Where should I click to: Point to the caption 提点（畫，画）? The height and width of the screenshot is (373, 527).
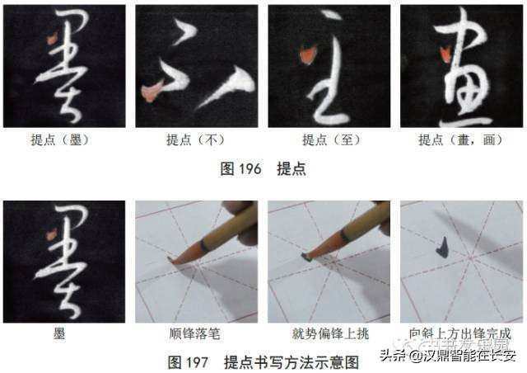(x=461, y=139)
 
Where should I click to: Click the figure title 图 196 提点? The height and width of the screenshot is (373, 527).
(x=263, y=168)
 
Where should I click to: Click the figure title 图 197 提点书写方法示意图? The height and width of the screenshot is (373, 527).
(x=263, y=361)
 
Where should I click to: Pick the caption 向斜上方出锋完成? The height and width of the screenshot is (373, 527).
(x=461, y=334)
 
